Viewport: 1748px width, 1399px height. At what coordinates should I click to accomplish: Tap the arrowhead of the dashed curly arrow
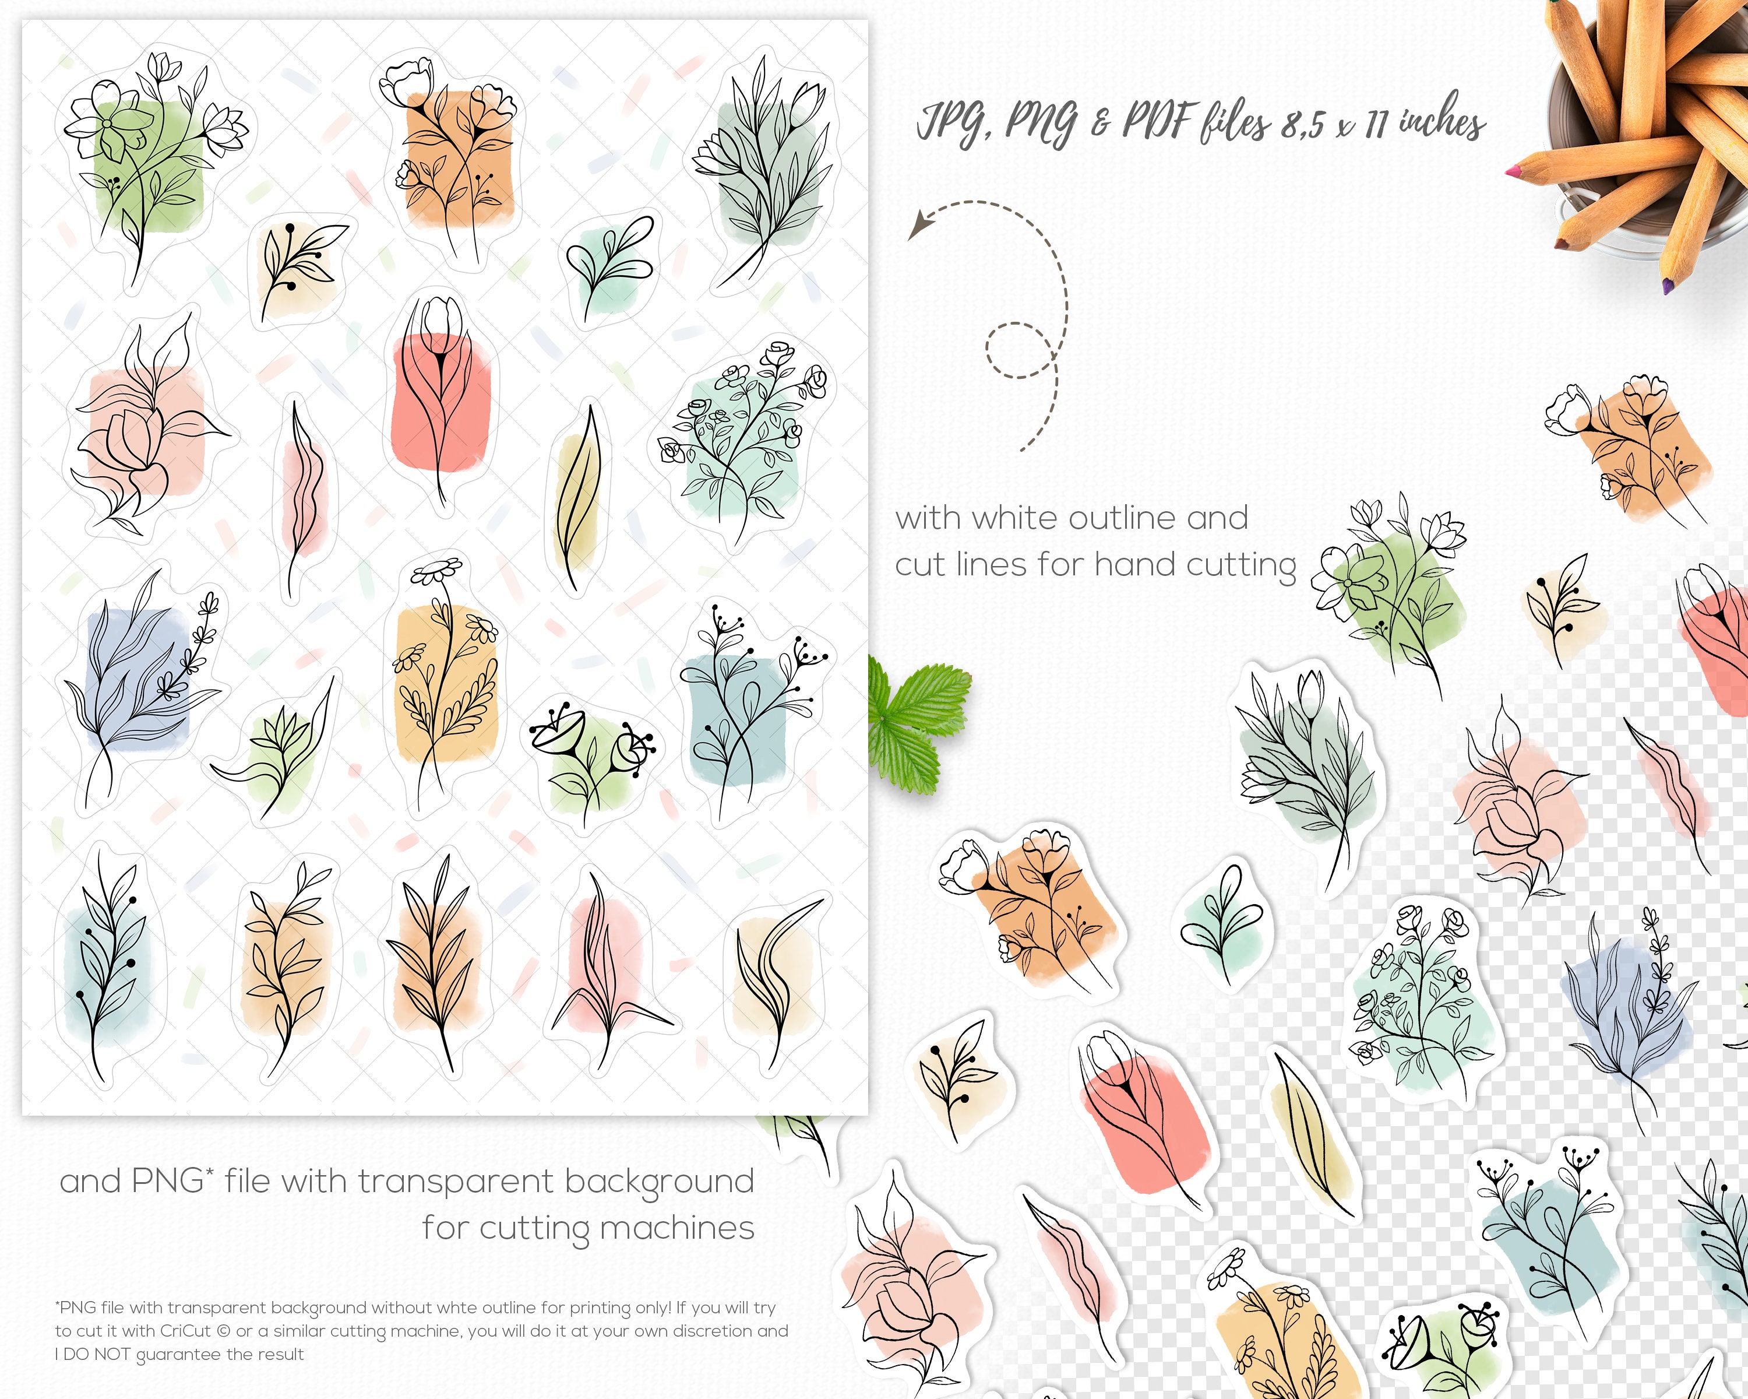point(916,228)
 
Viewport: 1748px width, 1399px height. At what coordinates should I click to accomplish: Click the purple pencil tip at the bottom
point(1668,286)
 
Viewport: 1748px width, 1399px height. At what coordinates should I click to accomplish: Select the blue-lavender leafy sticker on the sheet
point(138,681)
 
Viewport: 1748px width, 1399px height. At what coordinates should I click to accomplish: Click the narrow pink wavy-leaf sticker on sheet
point(302,495)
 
